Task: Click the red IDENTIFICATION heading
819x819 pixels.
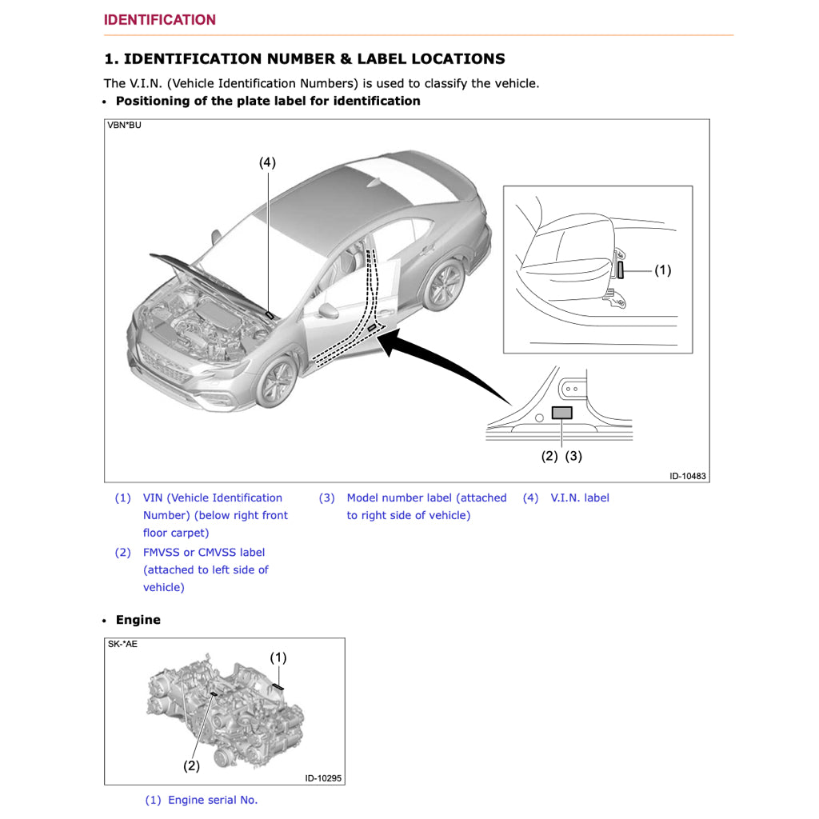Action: pos(159,20)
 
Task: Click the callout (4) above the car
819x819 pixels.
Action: pos(267,162)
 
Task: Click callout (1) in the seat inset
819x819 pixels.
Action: pos(662,270)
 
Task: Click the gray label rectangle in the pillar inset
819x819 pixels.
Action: pos(562,413)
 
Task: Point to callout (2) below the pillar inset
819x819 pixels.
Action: pos(549,456)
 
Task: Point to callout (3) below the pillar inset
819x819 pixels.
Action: pos(573,456)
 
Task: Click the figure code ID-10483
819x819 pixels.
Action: pos(687,476)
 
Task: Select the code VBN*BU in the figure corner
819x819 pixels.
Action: pos(125,126)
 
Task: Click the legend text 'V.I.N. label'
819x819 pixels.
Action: pos(579,497)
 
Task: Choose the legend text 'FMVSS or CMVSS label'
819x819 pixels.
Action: pos(203,552)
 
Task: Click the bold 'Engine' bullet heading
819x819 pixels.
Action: pos(138,620)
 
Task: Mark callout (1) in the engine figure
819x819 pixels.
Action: pos(278,657)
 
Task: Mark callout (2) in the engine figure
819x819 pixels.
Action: pos(191,765)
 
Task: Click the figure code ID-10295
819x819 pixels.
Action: pos(324,778)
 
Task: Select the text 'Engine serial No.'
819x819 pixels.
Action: pos(213,800)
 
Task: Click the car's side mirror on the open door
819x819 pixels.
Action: pos(327,310)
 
